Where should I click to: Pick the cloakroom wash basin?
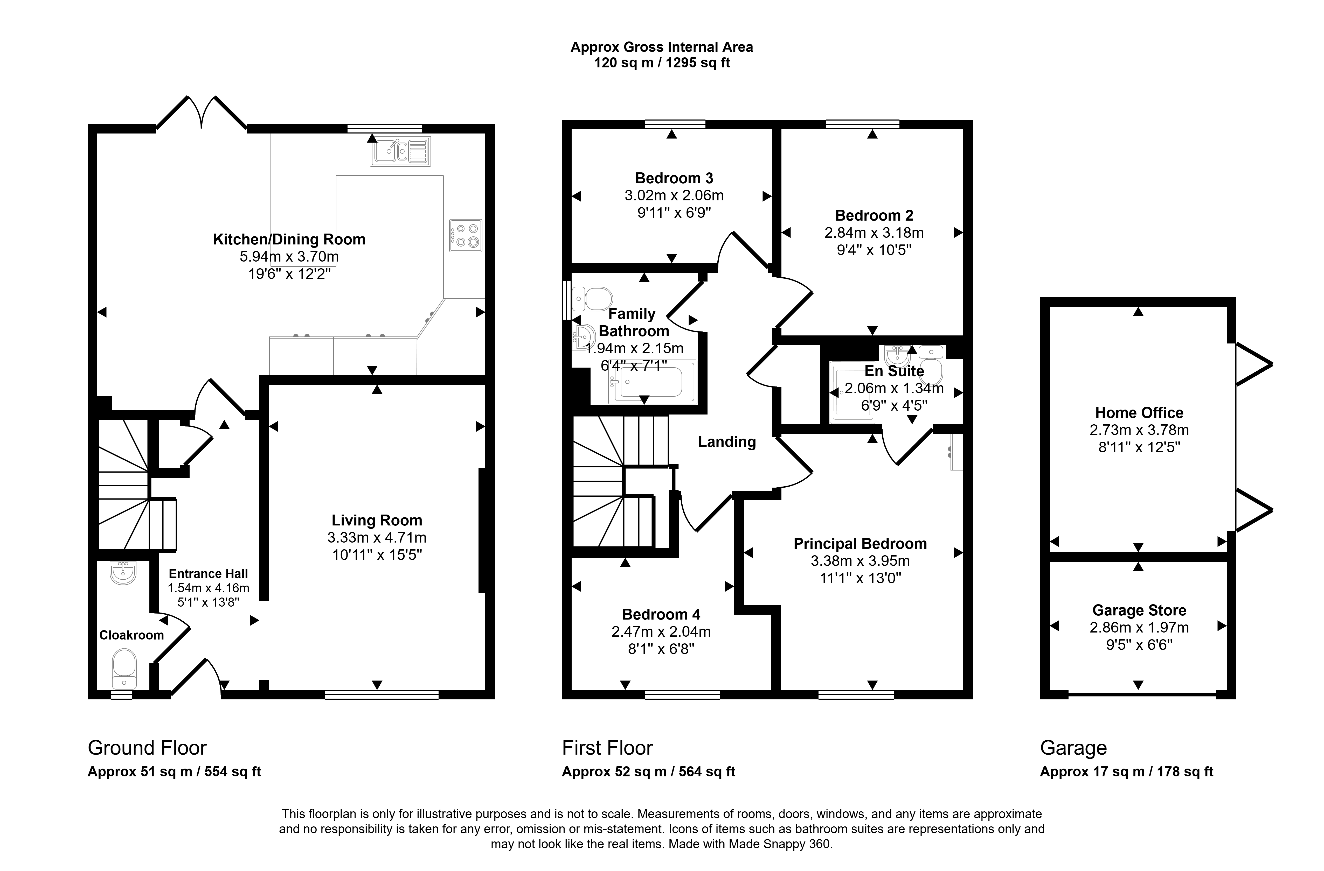(x=123, y=572)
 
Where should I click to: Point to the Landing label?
(x=727, y=442)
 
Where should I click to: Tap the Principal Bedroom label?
(x=860, y=544)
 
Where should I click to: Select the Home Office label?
(x=1139, y=413)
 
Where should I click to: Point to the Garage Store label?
(x=1139, y=611)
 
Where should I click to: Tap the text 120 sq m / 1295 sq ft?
(x=662, y=63)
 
